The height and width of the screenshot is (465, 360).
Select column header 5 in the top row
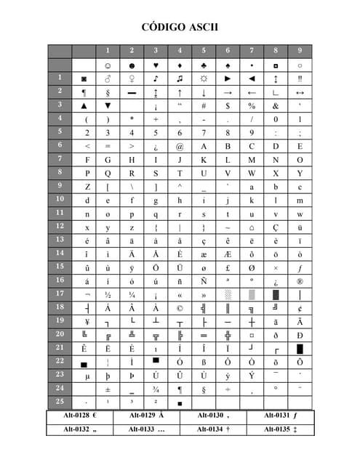[x=204, y=51]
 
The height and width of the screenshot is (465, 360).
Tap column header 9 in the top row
[x=300, y=51]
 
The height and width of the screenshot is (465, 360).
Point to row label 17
[x=60, y=294]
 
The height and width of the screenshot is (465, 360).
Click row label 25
[x=60, y=401]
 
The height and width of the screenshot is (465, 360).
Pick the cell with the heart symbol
[x=156, y=65]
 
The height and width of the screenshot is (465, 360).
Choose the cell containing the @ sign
[x=180, y=146]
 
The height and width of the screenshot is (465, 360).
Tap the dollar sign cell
[x=228, y=105]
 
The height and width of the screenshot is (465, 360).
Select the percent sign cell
[x=252, y=105]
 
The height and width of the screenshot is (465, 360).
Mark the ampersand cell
[x=276, y=105]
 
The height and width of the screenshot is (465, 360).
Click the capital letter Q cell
[x=108, y=173]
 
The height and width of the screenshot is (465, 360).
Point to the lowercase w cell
[x=300, y=214]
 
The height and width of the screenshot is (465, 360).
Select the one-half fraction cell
[x=108, y=294]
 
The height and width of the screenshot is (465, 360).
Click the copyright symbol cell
[x=180, y=307]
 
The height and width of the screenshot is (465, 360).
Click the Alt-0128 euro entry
[x=80, y=416]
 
